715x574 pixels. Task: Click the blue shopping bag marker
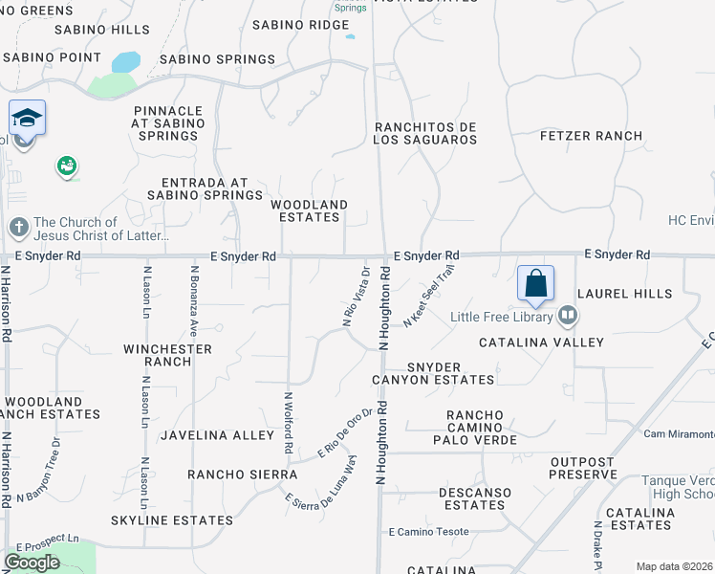pyautogui.click(x=536, y=283)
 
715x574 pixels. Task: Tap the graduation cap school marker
pyautogui.click(x=27, y=119)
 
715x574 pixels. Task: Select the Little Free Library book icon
pyautogui.click(x=567, y=315)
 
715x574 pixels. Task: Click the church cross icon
pyautogui.click(x=18, y=228)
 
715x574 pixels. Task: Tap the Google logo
pyautogui.click(x=32, y=563)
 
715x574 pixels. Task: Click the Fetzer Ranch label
pyautogui.click(x=592, y=136)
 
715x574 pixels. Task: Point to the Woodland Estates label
pyautogui.click(x=309, y=210)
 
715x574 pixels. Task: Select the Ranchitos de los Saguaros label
pyautogui.click(x=425, y=133)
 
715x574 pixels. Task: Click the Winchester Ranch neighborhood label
pyautogui.click(x=167, y=355)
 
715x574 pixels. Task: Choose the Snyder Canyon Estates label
pyautogui.click(x=451, y=373)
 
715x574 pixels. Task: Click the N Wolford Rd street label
pyautogui.click(x=288, y=421)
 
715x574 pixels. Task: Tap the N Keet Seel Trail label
pyautogui.click(x=427, y=296)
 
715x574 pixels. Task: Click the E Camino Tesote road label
pyautogui.click(x=429, y=532)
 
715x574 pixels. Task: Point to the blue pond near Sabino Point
pyautogui.click(x=125, y=63)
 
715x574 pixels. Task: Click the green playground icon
pyautogui.click(x=67, y=166)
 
